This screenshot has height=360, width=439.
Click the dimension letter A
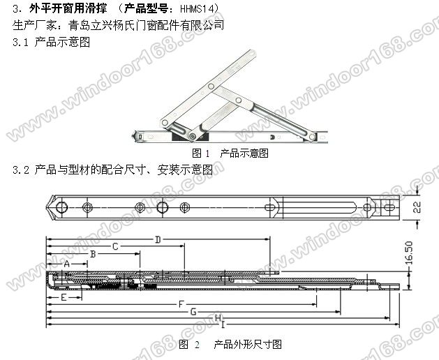click(66, 264)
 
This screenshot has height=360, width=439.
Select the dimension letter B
click(94, 254)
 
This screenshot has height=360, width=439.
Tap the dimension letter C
click(115, 246)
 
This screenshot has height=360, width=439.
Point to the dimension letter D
click(158, 239)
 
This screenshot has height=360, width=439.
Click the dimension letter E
click(64, 297)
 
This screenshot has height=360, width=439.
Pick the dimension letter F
click(181, 304)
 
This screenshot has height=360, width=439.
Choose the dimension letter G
click(193, 312)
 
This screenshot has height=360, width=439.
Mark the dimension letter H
click(218, 317)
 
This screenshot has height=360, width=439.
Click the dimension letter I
click(223, 324)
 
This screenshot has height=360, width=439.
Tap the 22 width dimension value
click(417, 207)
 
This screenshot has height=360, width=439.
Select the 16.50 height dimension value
click(409, 253)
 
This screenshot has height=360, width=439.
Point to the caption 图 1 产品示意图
click(230, 153)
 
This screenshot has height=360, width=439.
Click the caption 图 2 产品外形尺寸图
click(230, 345)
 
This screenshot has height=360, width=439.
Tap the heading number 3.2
click(21, 170)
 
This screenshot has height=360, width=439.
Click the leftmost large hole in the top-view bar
click(62, 207)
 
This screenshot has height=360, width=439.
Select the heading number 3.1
click(20, 43)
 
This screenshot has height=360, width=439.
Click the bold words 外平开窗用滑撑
click(68, 8)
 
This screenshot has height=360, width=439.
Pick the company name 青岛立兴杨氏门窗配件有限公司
click(146, 25)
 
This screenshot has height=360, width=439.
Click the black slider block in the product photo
click(190, 136)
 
